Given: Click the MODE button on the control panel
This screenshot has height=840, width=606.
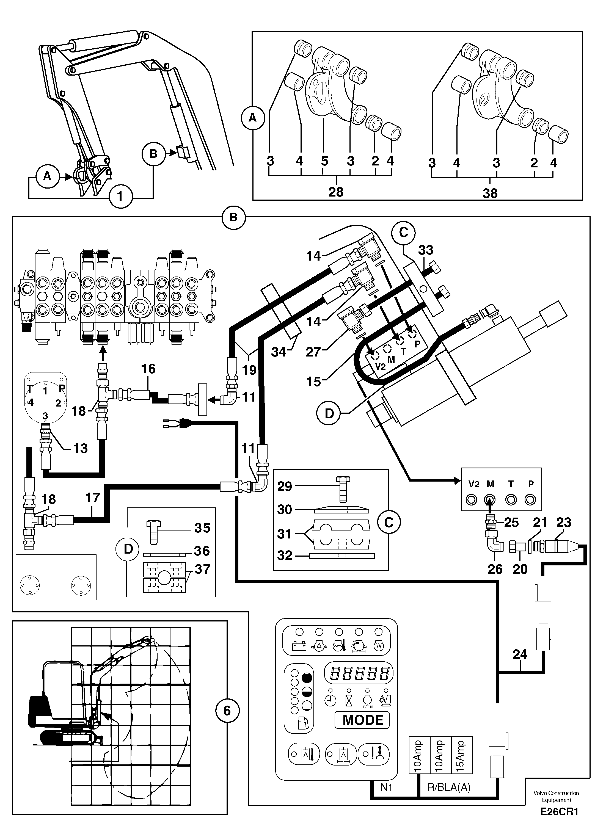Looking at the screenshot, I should pos(362,720).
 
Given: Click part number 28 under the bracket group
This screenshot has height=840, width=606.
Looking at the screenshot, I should pos(336,192).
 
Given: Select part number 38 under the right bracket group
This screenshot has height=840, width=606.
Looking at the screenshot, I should pos(490,193).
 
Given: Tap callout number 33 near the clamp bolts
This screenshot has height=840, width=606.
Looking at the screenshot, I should pos(426,250).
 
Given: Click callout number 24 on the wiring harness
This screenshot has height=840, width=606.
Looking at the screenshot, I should pos(520,655).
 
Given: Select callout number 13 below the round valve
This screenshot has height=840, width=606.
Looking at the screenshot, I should pos(80,449).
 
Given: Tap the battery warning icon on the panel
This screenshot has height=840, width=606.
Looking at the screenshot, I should pos(299,646).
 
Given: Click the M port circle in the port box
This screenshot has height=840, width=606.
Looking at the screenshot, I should pos(490,500).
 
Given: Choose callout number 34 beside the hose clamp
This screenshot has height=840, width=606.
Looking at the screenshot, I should pos(278,352).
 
